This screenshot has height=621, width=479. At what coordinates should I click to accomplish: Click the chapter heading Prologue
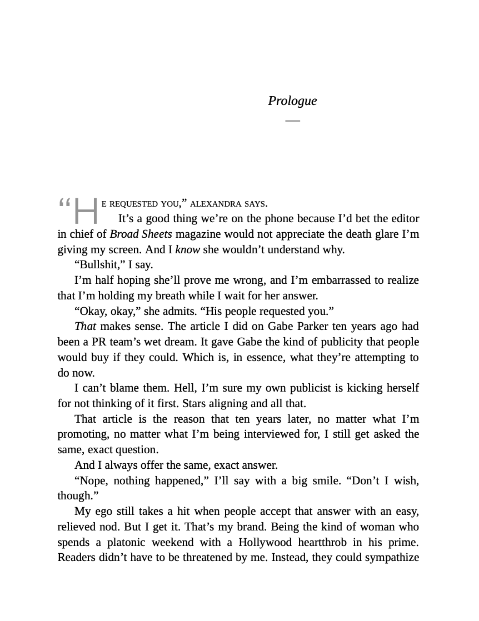click(x=292, y=101)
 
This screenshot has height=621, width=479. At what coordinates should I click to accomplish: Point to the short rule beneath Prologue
click(x=292, y=120)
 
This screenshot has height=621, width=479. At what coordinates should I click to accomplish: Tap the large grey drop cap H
click(x=86, y=211)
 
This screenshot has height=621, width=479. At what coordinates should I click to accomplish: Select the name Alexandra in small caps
click(x=215, y=204)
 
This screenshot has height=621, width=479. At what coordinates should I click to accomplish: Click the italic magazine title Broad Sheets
click(x=141, y=234)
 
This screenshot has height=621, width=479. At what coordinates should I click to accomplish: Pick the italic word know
click(x=187, y=249)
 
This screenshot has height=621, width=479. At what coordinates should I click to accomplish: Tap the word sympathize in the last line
click(x=393, y=557)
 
